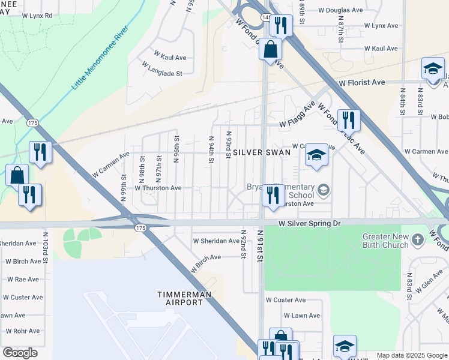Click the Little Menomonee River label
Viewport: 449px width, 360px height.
(x=100, y=58)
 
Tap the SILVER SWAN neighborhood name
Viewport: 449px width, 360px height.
(x=262, y=152)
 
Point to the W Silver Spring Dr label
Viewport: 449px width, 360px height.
(x=309, y=223)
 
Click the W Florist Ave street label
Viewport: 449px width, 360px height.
(x=361, y=82)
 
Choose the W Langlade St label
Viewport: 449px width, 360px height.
(x=162, y=73)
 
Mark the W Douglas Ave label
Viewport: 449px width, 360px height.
(x=340, y=10)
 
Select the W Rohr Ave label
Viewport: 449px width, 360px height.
(x=23, y=331)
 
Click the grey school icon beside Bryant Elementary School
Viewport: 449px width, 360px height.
(x=324, y=191)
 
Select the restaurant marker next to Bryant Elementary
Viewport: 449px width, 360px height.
(x=273, y=195)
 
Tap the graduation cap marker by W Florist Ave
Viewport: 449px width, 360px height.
(x=432, y=68)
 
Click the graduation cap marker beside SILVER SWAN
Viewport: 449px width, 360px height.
(x=316, y=155)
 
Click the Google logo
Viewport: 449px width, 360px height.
(x=20, y=353)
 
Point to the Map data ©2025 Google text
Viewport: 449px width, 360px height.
(x=411, y=355)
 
